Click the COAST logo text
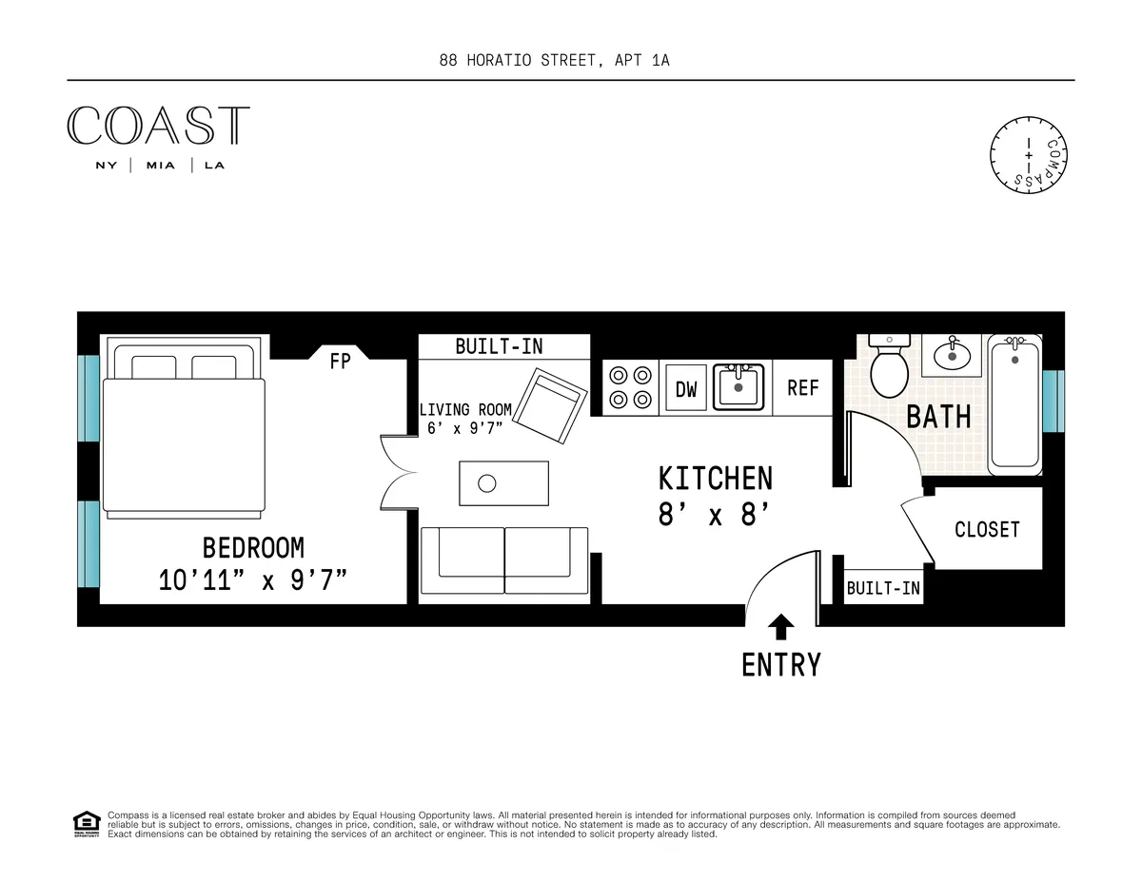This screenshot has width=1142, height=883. click(158, 127)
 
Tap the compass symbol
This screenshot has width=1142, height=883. click(1028, 154)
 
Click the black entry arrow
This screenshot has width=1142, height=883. click(781, 626)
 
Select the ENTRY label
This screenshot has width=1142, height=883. click(780, 665)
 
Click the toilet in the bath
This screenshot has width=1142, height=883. click(891, 369)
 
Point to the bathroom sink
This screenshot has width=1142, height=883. click(952, 355)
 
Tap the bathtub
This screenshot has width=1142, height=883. click(1014, 404)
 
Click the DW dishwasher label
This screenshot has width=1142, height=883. click(686, 389)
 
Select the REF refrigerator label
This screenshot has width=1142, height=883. click(803, 388)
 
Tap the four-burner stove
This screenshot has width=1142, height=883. click(630, 387)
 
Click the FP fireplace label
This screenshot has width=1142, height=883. click(340, 361)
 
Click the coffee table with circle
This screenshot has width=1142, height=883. click(504, 483)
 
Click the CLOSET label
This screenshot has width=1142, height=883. click(987, 530)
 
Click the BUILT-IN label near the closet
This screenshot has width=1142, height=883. click(883, 589)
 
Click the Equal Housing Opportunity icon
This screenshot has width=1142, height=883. click(87, 823)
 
